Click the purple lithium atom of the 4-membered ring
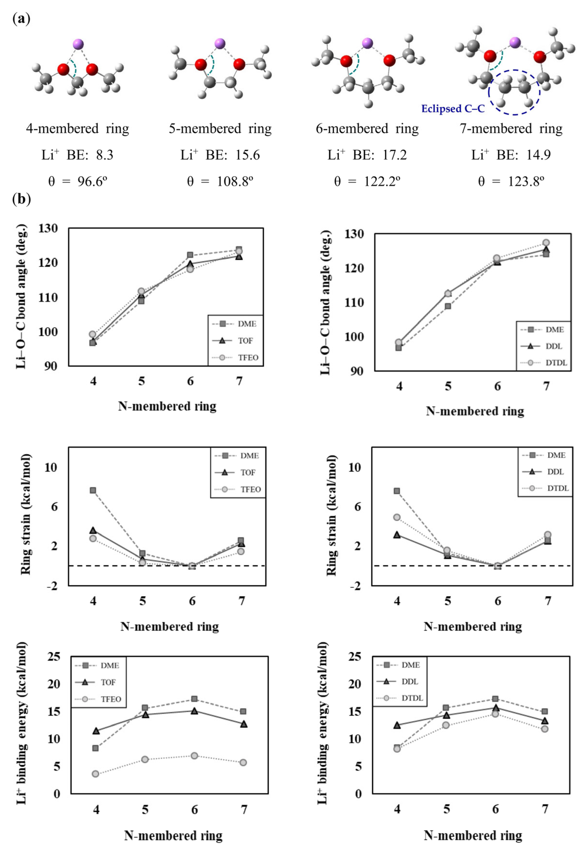tap(78, 44)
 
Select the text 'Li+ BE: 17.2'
tap(367, 155)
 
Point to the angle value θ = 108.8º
tap(220, 181)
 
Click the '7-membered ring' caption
tap(511, 128)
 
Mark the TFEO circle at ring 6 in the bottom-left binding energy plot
tap(194, 756)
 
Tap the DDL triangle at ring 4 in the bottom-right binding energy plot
tap(397, 725)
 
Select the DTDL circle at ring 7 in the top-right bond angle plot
tap(546, 243)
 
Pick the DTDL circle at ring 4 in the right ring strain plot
tap(397, 517)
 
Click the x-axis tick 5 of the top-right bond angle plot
tap(448, 386)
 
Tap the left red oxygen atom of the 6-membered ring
tap(346, 61)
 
